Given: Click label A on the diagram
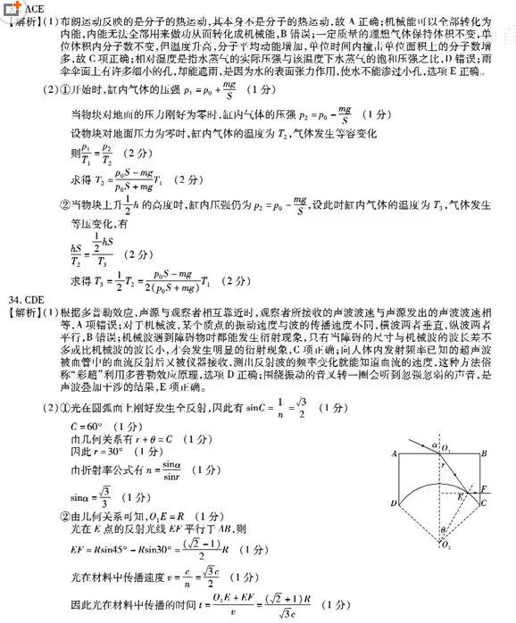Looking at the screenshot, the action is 394,454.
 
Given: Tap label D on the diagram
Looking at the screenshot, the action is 393,504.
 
